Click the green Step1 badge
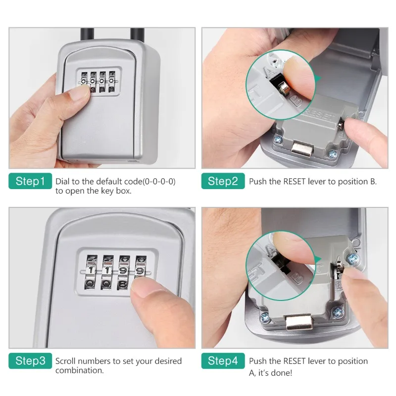coord(30,181)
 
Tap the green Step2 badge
coord(223,181)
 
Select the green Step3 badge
coord(30,361)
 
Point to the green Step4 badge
coord(223,361)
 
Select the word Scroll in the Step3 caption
coord(66,361)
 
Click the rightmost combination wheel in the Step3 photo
coord(140,271)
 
